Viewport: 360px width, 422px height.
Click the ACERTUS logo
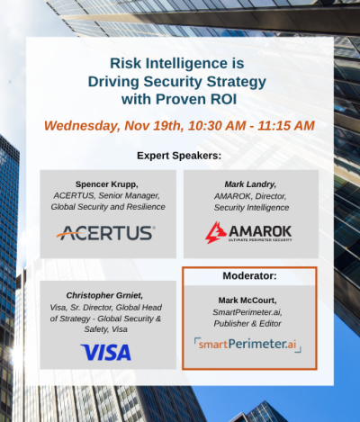106,234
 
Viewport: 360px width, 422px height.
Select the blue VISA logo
106,352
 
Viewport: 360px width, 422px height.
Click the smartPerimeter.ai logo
247,343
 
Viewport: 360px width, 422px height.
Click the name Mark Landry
248,183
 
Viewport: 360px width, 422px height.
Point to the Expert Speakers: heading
180,156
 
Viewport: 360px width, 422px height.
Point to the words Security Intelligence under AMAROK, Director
248,206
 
